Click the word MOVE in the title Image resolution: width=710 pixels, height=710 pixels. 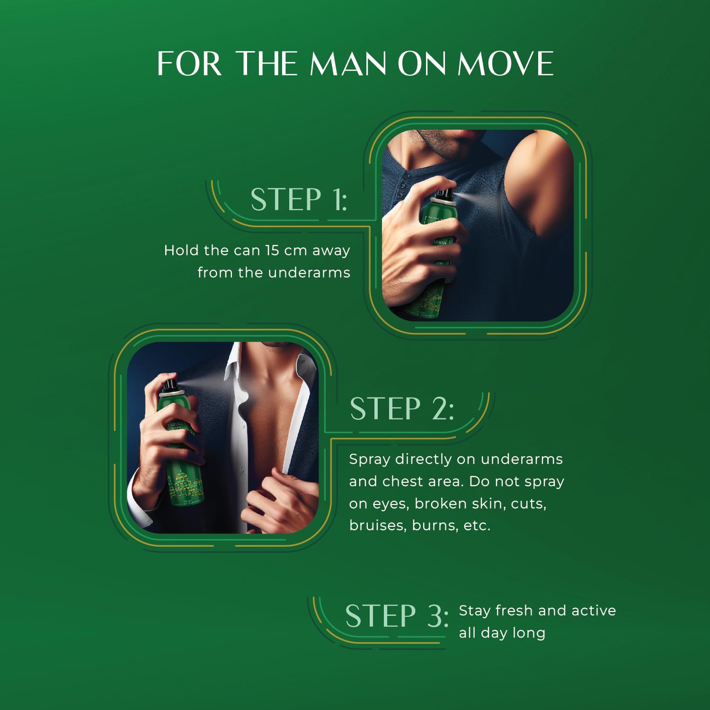[506, 63]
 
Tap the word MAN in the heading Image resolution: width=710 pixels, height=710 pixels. [348, 63]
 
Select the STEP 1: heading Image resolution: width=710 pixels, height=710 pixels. [299, 199]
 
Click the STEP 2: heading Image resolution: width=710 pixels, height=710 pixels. [402, 408]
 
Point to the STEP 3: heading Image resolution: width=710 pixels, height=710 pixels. [397, 616]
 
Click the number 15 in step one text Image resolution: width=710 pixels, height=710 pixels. [272, 250]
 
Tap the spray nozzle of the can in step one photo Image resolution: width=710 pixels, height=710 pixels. [444, 195]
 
